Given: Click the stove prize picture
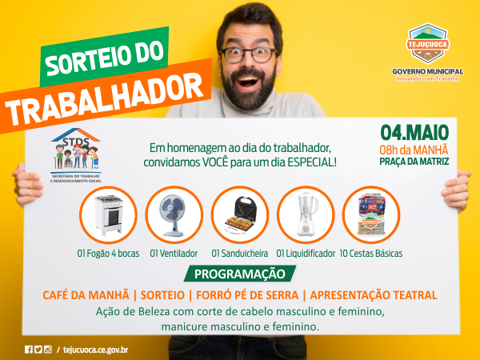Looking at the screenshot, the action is pyautogui.click(x=108, y=215).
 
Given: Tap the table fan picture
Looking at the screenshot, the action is pyautogui.click(x=174, y=215).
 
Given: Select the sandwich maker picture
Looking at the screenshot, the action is pyautogui.click(x=241, y=214).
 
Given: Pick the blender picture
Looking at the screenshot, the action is pyautogui.click(x=306, y=214).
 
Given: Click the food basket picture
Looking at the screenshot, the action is pyautogui.click(x=371, y=214).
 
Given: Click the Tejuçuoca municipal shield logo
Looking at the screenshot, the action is pyautogui.click(x=428, y=43).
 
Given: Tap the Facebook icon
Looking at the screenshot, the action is pyautogui.click(x=29, y=350).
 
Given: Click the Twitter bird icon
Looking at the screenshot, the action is pyautogui.click(x=38, y=350).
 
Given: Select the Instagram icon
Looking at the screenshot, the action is pyautogui.click(x=48, y=350).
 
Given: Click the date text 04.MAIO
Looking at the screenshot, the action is pyautogui.click(x=414, y=133).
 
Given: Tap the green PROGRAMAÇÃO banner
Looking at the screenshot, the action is pyautogui.click(x=240, y=274).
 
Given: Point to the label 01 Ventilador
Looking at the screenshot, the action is pyautogui.click(x=174, y=254).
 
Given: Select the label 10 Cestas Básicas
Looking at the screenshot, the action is pyautogui.click(x=371, y=254).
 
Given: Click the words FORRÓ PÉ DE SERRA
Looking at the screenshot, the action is pyautogui.click(x=247, y=295).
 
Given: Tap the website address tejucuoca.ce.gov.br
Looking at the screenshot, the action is pyautogui.click(x=95, y=350).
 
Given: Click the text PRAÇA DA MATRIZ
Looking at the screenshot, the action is pyautogui.click(x=414, y=162).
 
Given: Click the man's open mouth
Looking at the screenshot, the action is pyautogui.click(x=248, y=82).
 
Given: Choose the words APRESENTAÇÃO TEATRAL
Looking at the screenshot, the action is pyautogui.click(x=374, y=295).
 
